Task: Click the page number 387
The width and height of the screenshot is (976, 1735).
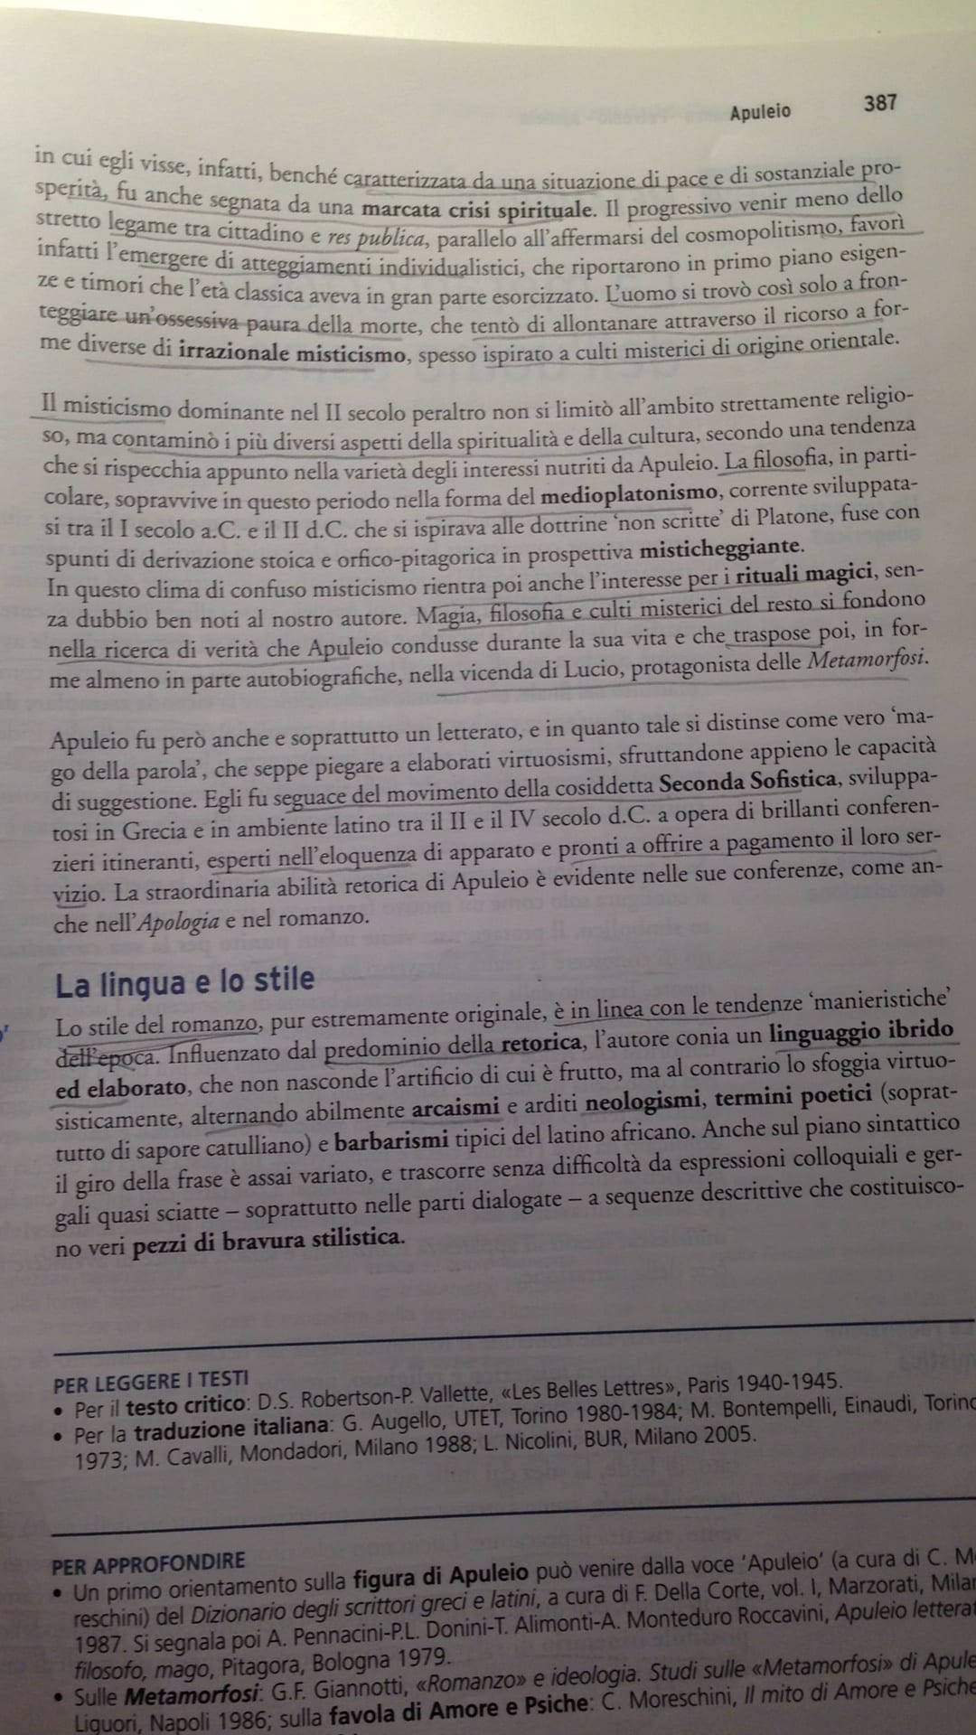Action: point(879,102)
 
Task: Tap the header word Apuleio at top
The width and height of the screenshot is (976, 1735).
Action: point(759,111)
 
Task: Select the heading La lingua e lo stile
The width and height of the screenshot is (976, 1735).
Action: point(184,981)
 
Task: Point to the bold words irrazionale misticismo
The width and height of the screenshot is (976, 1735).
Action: point(292,353)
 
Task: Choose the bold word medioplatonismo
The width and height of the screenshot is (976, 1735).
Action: point(629,493)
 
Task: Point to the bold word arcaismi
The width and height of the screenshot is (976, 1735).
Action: point(455,1106)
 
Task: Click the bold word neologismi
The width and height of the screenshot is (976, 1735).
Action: point(641,1101)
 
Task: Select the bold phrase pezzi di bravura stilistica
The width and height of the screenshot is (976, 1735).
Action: point(266,1238)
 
